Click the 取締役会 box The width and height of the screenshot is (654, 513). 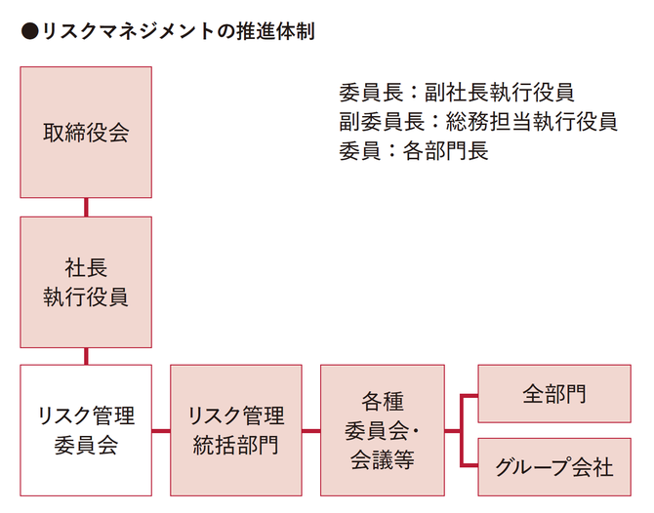[x=86, y=133]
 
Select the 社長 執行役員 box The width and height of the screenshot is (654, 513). [x=86, y=282]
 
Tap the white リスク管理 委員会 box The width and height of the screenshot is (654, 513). [x=86, y=430]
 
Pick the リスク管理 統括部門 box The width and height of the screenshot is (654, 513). [x=235, y=430]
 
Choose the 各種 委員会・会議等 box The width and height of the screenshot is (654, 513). [x=383, y=430]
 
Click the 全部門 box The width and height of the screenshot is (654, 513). [x=553, y=394]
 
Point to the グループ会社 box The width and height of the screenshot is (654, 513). [x=553, y=466]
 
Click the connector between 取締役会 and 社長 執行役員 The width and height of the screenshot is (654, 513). [x=86, y=208]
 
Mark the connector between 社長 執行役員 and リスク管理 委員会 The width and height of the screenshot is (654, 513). [x=86, y=356]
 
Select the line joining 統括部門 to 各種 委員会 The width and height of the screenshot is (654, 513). [x=310, y=430]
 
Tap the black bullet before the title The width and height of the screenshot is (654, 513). [x=28, y=31]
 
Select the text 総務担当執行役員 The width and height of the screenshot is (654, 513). [x=531, y=121]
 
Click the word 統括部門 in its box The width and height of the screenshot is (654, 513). [x=235, y=446]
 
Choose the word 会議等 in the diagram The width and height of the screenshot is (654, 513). [x=383, y=460]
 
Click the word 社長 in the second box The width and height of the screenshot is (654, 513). [x=86, y=266]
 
